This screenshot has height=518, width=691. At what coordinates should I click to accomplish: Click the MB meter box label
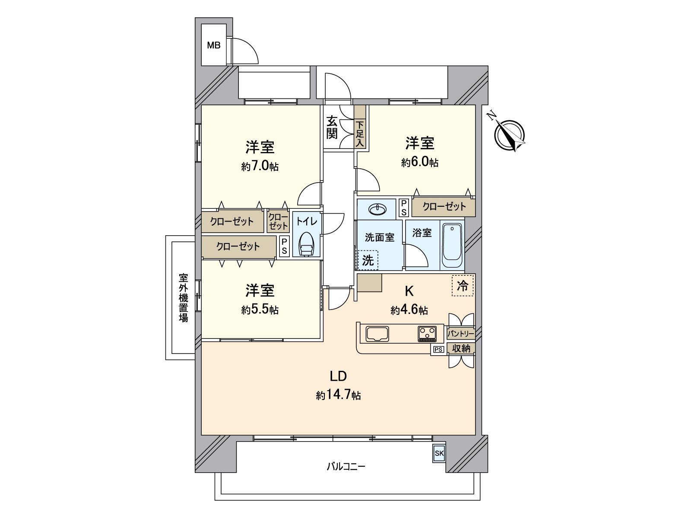click(x=213, y=45)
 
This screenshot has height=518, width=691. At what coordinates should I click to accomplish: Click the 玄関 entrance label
click(x=332, y=127)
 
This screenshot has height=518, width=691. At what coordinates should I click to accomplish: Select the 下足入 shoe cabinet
click(x=360, y=134)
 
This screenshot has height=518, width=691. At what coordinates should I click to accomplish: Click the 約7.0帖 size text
click(x=260, y=166)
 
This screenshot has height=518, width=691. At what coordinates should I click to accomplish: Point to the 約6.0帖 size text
click(x=419, y=162)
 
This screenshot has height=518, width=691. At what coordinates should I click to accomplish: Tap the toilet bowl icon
click(x=306, y=245)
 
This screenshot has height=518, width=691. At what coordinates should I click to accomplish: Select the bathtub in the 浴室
click(x=452, y=246)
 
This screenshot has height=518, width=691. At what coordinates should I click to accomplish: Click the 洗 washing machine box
click(x=368, y=260)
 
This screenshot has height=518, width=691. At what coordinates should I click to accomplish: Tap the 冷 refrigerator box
click(x=463, y=285)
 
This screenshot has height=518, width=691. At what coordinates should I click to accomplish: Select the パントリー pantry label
click(x=460, y=334)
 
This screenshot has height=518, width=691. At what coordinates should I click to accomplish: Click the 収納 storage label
click(x=461, y=348)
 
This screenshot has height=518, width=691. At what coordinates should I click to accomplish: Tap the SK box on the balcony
click(x=439, y=453)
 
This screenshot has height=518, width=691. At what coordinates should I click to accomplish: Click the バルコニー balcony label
click(x=345, y=467)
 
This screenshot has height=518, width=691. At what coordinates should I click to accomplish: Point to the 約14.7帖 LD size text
click(x=338, y=395)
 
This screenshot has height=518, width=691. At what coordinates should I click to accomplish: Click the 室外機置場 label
click(x=183, y=297)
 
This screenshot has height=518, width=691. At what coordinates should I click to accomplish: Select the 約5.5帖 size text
click(x=260, y=310)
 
